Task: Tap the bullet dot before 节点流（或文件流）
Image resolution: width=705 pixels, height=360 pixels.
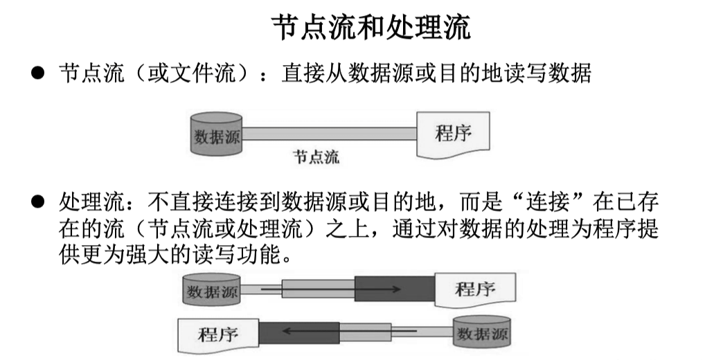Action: coord(37,74)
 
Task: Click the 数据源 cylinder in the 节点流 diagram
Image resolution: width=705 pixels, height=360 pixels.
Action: coord(215,134)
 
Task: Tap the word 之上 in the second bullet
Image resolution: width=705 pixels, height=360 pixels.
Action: coord(349,228)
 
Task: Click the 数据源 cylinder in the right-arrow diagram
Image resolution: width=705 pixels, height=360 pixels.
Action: coord(211,289)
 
